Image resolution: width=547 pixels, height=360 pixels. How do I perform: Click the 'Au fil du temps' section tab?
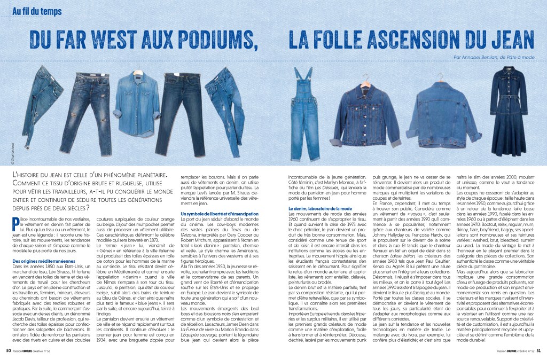(x=37, y=11)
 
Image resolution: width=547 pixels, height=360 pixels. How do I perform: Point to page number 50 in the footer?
(x=8, y=351)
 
